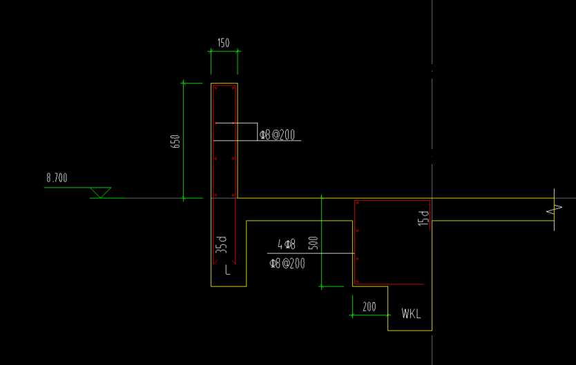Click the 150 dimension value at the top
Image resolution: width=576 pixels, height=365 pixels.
pos(223,43)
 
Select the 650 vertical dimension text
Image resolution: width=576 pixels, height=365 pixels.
pos(175,141)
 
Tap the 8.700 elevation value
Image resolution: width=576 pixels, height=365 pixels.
pos(57,178)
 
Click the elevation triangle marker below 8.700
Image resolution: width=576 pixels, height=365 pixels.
pos(100,193)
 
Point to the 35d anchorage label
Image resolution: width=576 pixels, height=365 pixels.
pos(221,245)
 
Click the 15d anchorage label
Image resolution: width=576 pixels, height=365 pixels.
pos(423,218)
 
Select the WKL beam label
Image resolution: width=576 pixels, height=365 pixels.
pos(411,314)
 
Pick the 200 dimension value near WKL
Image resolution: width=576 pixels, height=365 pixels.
pos(369,306)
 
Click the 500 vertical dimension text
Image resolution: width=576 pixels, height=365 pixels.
pos(313,243)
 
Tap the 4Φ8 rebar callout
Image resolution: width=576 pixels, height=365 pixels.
pos(287,244)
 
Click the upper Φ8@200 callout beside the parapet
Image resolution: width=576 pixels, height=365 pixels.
pos(278,135)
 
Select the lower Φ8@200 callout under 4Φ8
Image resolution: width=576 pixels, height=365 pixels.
pos(287,264)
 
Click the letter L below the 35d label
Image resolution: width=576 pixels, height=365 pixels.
pos(227,270)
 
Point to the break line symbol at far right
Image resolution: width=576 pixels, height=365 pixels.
pos(555,210)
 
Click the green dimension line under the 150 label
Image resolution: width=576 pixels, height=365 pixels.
pos(224,51)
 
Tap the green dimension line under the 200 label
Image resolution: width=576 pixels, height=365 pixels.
pos(370,315)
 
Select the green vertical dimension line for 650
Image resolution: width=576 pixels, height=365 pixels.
pos(183,141)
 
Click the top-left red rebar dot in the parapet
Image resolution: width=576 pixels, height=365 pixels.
pos(216,88)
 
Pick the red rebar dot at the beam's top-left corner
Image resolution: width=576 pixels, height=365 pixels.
pos(357,203)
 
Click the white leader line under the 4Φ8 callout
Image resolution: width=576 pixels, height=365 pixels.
pos(311,253)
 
